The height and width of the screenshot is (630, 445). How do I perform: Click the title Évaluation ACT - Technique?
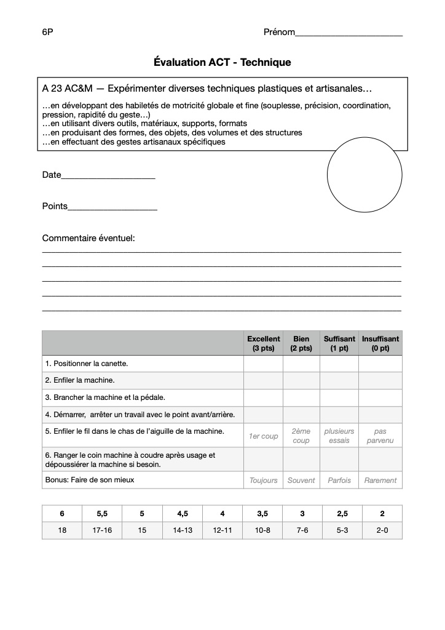[x=222, y=63]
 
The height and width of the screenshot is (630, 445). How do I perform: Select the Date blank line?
[x=108, y=177]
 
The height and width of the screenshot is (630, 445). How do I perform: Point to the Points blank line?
[x=112, y=209]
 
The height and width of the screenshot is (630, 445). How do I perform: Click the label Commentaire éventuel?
[x=89, y=238]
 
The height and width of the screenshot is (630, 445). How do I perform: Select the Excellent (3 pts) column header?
[x=263, y=343]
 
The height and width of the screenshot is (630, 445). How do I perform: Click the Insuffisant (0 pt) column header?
[x=380, y=343]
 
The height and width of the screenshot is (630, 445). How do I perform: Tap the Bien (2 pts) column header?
[x=301, y=343]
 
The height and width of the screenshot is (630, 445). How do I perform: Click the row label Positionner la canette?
[x=87, y=364]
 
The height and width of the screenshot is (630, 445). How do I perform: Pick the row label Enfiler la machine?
[x=80, y=380]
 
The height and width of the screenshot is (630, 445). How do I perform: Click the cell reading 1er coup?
[x=263, y=436]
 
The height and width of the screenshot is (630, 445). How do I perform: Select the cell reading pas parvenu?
[x=380, y=436]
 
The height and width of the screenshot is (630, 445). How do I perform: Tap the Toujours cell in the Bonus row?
[x=263, y=480]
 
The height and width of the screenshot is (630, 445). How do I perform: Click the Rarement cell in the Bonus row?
[x=380, y=480]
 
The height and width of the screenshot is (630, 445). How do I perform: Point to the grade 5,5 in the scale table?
[x=102, y=514]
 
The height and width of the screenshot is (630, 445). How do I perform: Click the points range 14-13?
[x=182, y=530]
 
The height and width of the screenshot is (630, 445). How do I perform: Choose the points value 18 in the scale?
[x=62, y=530]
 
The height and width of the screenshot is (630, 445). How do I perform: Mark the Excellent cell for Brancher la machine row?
[x=263, y=397]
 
